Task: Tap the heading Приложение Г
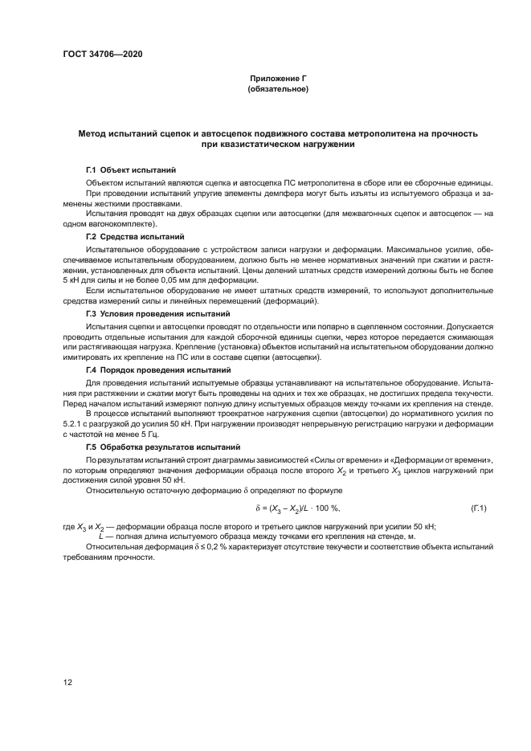point(278,79)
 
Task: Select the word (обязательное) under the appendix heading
point(278,88)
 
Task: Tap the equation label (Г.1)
point(478,507)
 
